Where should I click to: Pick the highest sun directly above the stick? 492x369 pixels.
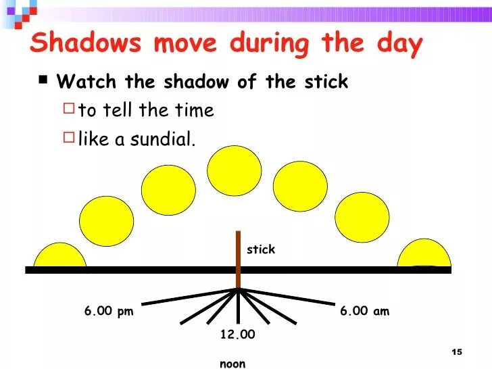click(x=234, y=170)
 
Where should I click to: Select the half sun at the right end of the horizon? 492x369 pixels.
click(x=424, y=253)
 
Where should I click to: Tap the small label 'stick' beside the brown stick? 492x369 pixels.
click(x=261, y=249)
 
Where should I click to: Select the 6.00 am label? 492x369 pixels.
click(x=364, y=311)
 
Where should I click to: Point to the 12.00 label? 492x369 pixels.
click(x=238, y=335)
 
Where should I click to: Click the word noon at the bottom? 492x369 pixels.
click(x=232, y=364)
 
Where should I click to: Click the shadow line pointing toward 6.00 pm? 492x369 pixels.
click(x=189, y=297)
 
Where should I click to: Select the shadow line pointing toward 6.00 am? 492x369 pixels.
click(x=287, y=296)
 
